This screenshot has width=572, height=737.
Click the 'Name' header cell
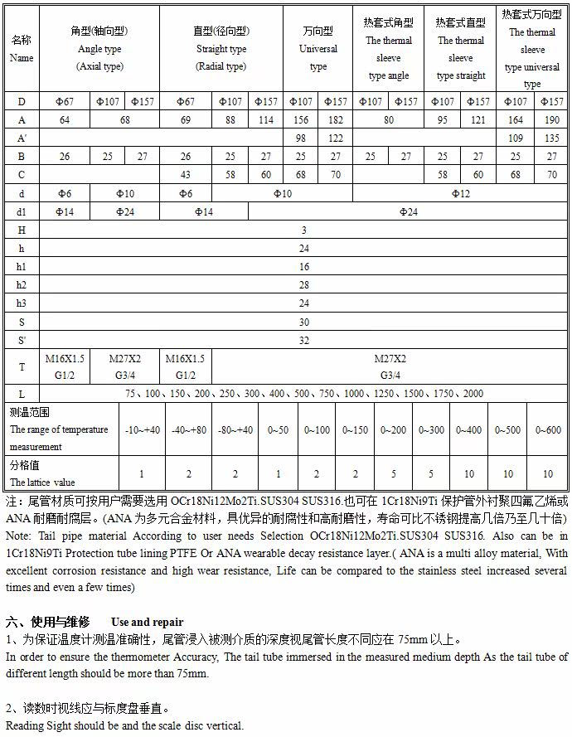point(22,50)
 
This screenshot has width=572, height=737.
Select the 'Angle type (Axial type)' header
point(99,50)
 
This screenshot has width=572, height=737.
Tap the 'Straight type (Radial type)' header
point(221,50)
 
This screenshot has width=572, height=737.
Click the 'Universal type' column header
point(318,50)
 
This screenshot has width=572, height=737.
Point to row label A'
point(22,138)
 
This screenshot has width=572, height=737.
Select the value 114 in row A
point(265,119)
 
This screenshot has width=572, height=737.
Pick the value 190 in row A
point(551,119)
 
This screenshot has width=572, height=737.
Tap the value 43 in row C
point(186,175)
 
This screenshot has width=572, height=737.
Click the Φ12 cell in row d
point(460,193)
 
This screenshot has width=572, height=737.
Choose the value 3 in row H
point(304,230)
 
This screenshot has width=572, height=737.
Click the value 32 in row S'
point(304,340)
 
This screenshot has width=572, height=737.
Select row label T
point(22,366)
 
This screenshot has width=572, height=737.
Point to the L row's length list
point(304,394)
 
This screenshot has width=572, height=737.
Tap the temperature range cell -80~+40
point(235,430)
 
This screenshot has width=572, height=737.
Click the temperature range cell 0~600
point(548,430)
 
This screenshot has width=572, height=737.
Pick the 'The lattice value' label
point(42,482)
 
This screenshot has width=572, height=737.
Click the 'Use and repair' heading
point(147,622)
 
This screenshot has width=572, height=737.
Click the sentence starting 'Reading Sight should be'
point(124,726)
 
